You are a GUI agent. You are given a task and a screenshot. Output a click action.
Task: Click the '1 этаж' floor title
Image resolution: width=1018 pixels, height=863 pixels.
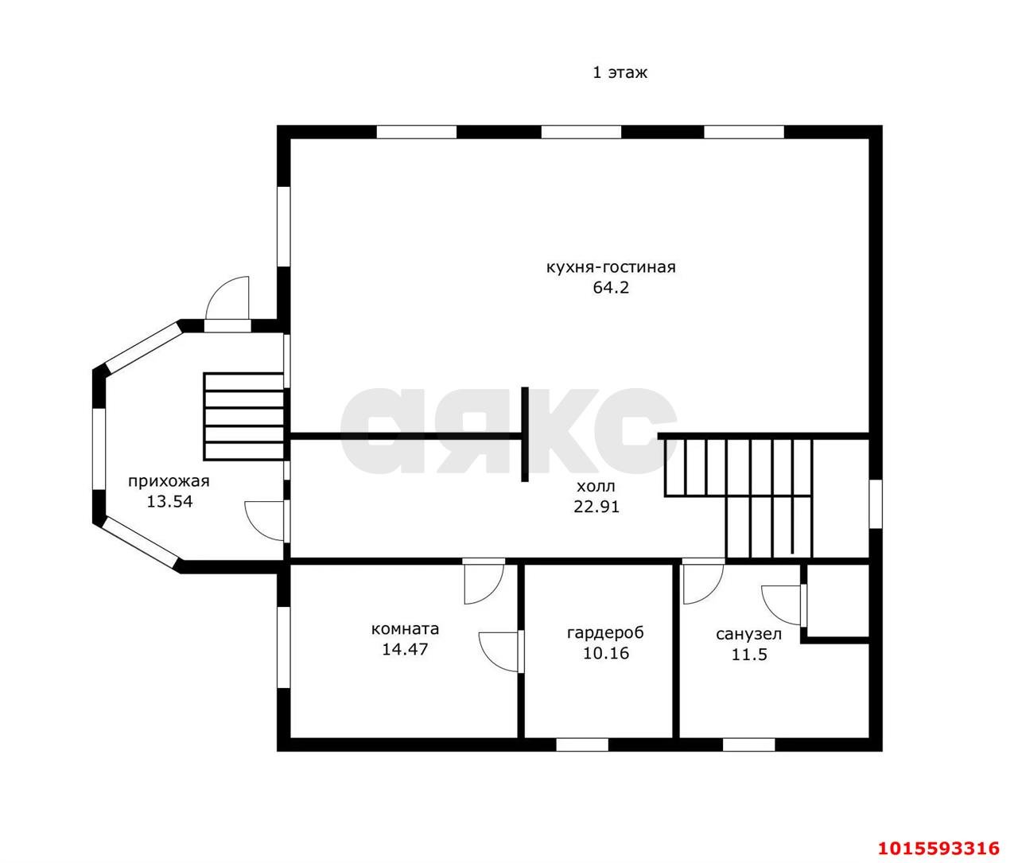[x=620, y=73]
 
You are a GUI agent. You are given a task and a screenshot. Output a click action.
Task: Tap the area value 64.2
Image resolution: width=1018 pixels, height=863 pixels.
[x=611, y=287]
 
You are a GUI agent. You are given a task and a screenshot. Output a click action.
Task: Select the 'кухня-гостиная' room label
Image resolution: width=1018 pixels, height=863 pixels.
[x=611, y=267]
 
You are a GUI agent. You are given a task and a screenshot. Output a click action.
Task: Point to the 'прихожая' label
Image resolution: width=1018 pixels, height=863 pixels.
[x=169, y=481]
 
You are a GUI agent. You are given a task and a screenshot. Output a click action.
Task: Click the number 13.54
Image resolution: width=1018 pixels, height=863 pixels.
[x=169, y=501]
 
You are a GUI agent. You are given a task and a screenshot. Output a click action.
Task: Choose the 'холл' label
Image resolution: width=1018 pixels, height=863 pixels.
[x=596, y=486]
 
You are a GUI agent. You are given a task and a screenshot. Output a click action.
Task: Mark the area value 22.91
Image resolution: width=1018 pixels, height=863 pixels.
[x=596, y=507]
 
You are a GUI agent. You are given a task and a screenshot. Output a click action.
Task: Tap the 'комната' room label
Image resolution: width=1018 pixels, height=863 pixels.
[x=405, y=629]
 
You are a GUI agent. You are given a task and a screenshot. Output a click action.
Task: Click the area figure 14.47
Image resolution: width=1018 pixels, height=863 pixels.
[x=405, y=649]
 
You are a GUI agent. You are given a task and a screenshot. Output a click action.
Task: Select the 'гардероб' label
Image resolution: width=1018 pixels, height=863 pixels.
[x=605, y=633]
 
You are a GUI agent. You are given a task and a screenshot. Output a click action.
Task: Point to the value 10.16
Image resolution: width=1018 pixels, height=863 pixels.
[x=606, y=653]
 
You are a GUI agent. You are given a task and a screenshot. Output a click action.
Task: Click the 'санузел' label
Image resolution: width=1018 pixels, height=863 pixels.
[x=748, y=635]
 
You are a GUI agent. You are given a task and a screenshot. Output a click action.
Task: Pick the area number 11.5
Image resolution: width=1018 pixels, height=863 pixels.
[x=749, y=655]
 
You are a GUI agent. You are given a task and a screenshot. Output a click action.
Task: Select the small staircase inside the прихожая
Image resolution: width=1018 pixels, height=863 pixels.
[x=244, y=417]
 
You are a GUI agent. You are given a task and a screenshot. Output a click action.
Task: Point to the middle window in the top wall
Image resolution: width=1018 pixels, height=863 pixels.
[x=581, y=132]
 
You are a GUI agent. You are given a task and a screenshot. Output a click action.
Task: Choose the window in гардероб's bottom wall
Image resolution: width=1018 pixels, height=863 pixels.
[x=582, y=744]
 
